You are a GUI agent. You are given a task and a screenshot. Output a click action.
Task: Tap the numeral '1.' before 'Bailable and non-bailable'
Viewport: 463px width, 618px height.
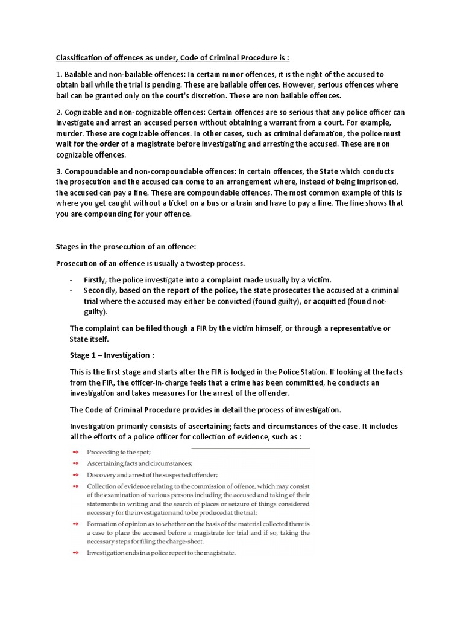coord(59,75)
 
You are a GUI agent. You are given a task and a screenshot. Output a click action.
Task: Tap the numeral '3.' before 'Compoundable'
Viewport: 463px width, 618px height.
coord(59,171)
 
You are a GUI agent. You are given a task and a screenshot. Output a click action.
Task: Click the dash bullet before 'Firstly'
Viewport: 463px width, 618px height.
coord(71,280)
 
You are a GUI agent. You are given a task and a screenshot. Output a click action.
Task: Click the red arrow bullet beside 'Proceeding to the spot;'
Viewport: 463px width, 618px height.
coord(75,452)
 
